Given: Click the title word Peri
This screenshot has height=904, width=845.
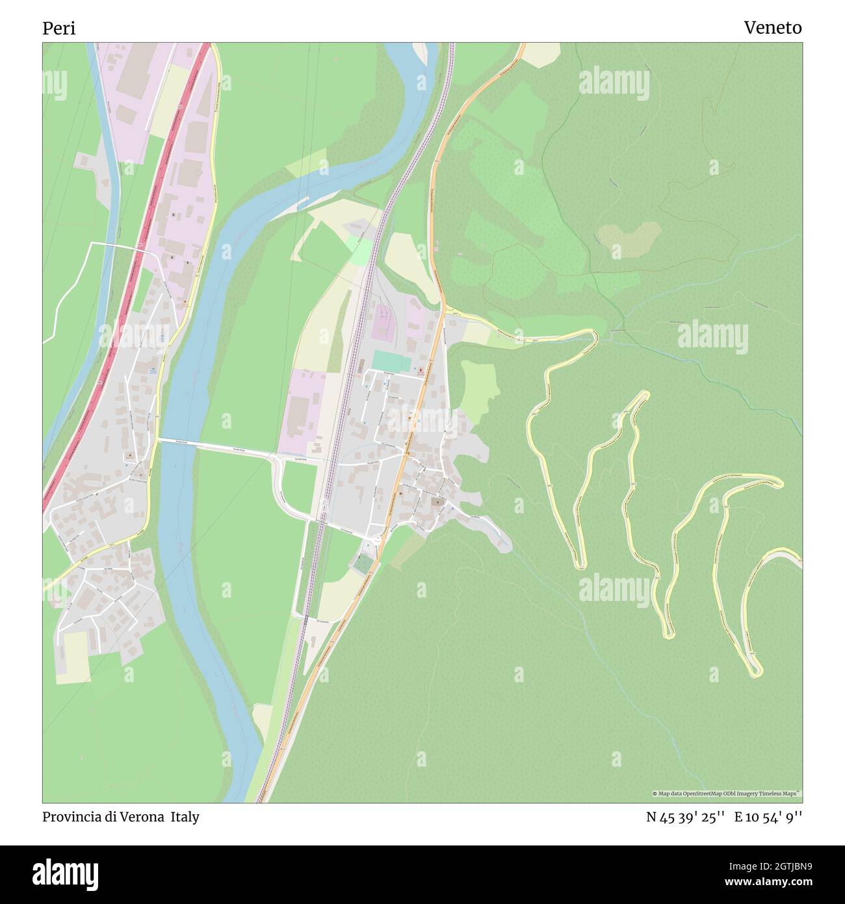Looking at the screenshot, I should click(59, 29).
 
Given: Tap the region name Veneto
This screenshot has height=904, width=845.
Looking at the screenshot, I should click(772, 28).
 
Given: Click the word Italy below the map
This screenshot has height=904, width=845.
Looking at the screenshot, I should click(185, 817).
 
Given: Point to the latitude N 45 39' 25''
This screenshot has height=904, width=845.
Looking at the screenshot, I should click(686, 817).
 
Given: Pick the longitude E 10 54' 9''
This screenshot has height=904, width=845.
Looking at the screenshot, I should click(768, 817).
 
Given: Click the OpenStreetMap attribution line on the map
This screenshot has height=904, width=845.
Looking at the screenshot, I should click(727, 793).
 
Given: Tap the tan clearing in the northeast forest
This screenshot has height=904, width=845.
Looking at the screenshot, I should click(627, 237).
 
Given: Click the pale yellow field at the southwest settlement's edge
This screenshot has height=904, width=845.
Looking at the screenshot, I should click(73, 657).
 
